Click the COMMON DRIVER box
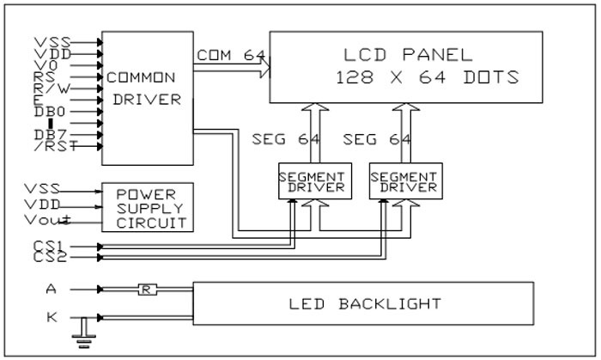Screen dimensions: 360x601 145,99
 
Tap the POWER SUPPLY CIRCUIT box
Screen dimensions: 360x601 149,207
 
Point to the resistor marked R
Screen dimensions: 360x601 147,290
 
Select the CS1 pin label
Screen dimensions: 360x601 49,246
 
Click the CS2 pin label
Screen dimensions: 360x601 49,257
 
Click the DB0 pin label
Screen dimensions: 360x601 50,111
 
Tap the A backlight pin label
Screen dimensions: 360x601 52,290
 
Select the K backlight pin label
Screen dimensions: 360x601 52,317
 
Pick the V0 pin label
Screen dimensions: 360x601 47,64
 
